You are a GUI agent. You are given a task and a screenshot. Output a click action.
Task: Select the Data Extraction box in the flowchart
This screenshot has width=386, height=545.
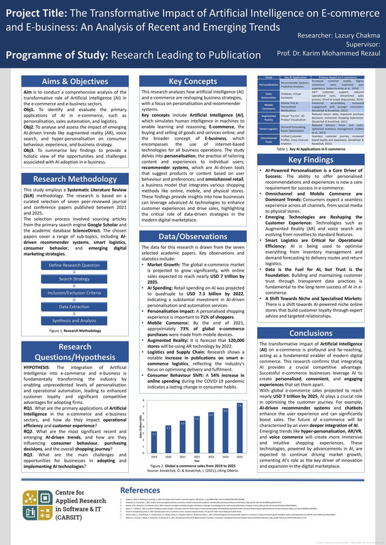pos(65,307)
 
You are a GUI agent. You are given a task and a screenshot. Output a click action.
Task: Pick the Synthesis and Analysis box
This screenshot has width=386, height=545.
pos(65,321)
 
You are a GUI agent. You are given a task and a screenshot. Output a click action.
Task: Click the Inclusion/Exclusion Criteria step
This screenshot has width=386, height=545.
pos(65,293)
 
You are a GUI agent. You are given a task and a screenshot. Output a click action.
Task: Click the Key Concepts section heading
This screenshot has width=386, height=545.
pos(193,81)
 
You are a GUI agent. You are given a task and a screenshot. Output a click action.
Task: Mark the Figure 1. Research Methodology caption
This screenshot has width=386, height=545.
pos(65,332)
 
